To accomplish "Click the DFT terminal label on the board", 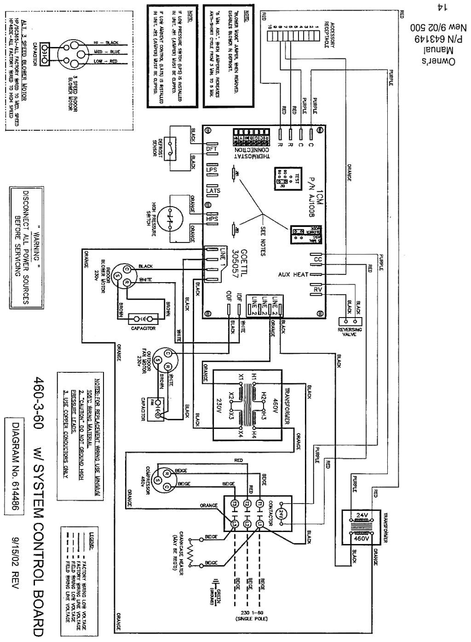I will pyautogui.click(x=212, y=149).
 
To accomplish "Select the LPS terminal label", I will pyautogui.click(x=212, y=170).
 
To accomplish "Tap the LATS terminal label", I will pyautogui.click(x=213, y=191).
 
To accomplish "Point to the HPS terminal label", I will pyautogui.click(x=212, y=219).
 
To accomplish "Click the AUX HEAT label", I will pyautogui.click(x=293, y=275).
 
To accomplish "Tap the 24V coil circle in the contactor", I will pyautogui.click(x=283, y=513).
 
